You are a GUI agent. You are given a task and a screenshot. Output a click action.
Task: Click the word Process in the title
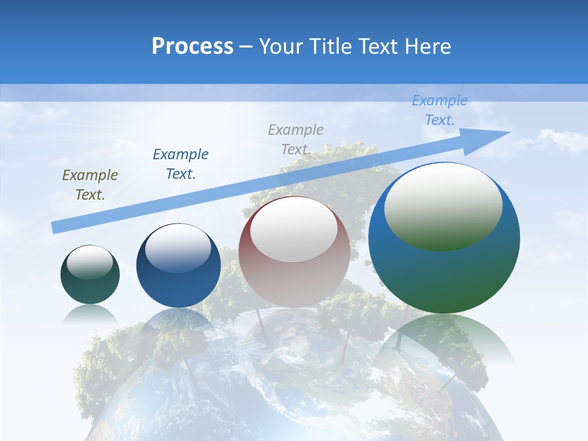[192, 47]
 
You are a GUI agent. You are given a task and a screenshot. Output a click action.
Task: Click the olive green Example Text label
[90, 184]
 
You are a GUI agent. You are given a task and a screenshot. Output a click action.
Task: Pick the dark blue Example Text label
[181, 164]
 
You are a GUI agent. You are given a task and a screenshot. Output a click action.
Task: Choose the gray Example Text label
[296, 139]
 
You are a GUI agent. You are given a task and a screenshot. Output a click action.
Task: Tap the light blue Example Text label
[440, 110]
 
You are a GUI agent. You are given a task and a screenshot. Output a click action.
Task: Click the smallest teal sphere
[90, 288]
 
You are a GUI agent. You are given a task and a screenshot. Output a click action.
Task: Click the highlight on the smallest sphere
[90, 263]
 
